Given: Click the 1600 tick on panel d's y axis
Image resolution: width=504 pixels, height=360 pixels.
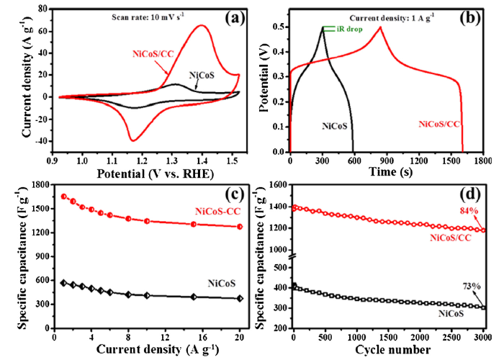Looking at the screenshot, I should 276,185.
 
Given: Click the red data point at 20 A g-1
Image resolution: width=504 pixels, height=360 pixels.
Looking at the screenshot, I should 240,227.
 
